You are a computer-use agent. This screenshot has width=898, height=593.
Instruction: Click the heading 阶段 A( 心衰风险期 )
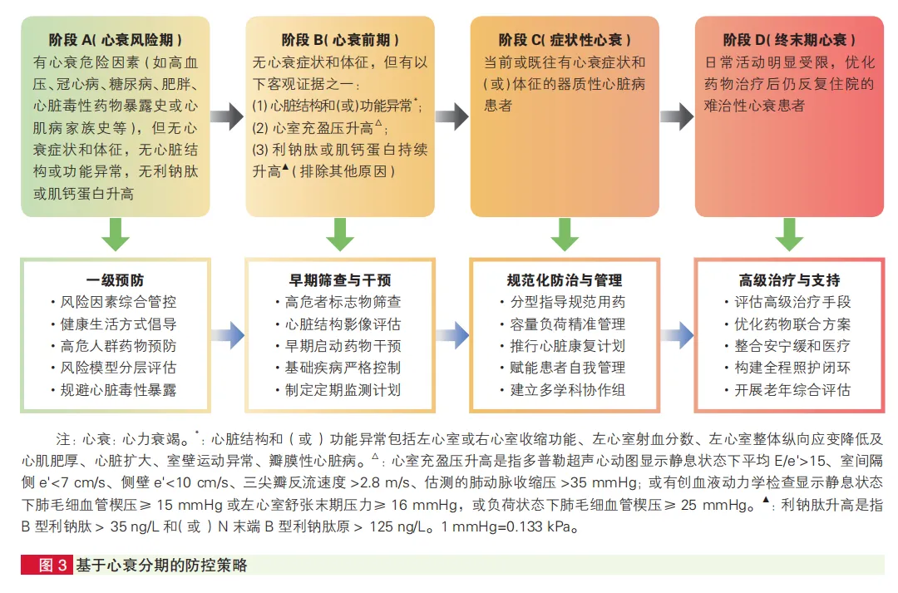pos(116,40)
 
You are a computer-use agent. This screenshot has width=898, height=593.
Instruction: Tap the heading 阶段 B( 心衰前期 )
pos(340,40)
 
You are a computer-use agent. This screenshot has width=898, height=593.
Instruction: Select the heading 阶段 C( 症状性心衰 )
pos(565,40)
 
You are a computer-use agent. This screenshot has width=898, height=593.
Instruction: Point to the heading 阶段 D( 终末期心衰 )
pos(789,40)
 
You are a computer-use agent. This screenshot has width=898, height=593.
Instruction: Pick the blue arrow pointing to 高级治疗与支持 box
pos(677,336)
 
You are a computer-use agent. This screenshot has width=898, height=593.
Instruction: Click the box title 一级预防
pos(116,280)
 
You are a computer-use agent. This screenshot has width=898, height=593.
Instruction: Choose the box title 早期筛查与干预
pos(340,280)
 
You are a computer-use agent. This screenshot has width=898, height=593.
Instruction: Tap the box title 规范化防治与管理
pos(565,280)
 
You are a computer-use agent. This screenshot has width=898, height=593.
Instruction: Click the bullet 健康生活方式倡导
pos(119,324)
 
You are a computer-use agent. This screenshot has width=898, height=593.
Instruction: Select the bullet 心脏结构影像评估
pos(343,324)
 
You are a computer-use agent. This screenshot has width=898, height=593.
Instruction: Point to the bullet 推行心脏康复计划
pos(568,346)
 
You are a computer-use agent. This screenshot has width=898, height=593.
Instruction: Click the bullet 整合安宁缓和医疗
pos(792,346)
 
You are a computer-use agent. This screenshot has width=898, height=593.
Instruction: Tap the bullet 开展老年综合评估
pos(792,389)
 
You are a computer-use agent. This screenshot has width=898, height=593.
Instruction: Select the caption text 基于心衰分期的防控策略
pos(161,566)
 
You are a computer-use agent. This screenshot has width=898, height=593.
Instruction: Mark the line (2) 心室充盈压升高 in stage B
pos(319,128)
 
